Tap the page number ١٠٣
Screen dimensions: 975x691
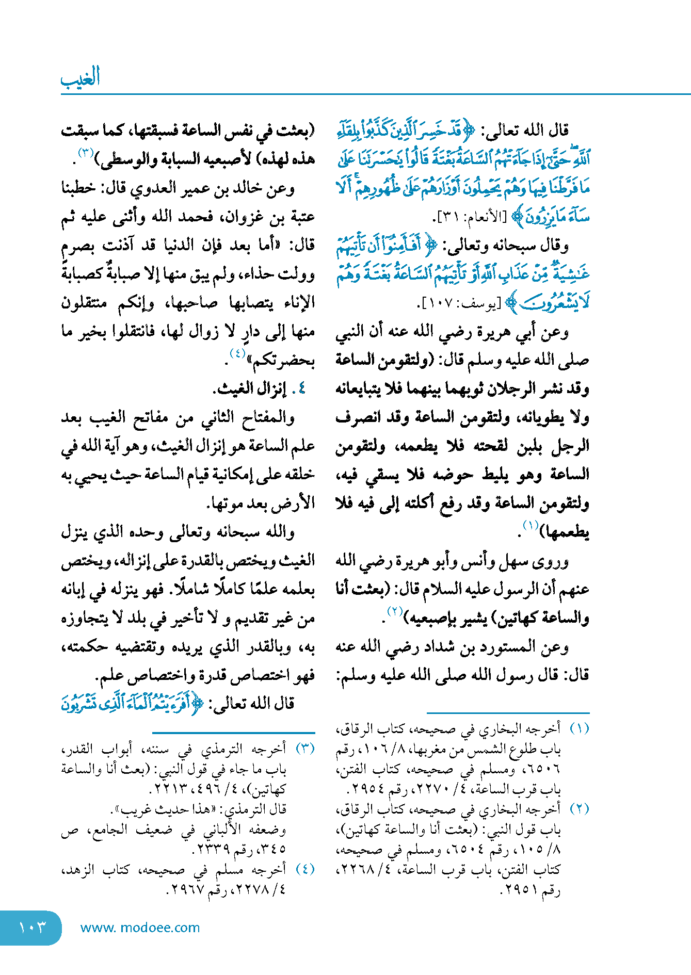32,928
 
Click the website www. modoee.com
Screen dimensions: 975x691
140,928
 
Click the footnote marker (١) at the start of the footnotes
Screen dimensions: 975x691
579,728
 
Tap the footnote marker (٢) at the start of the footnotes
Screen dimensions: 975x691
579,808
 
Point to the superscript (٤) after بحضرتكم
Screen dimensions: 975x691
237,354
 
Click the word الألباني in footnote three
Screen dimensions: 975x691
222,830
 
